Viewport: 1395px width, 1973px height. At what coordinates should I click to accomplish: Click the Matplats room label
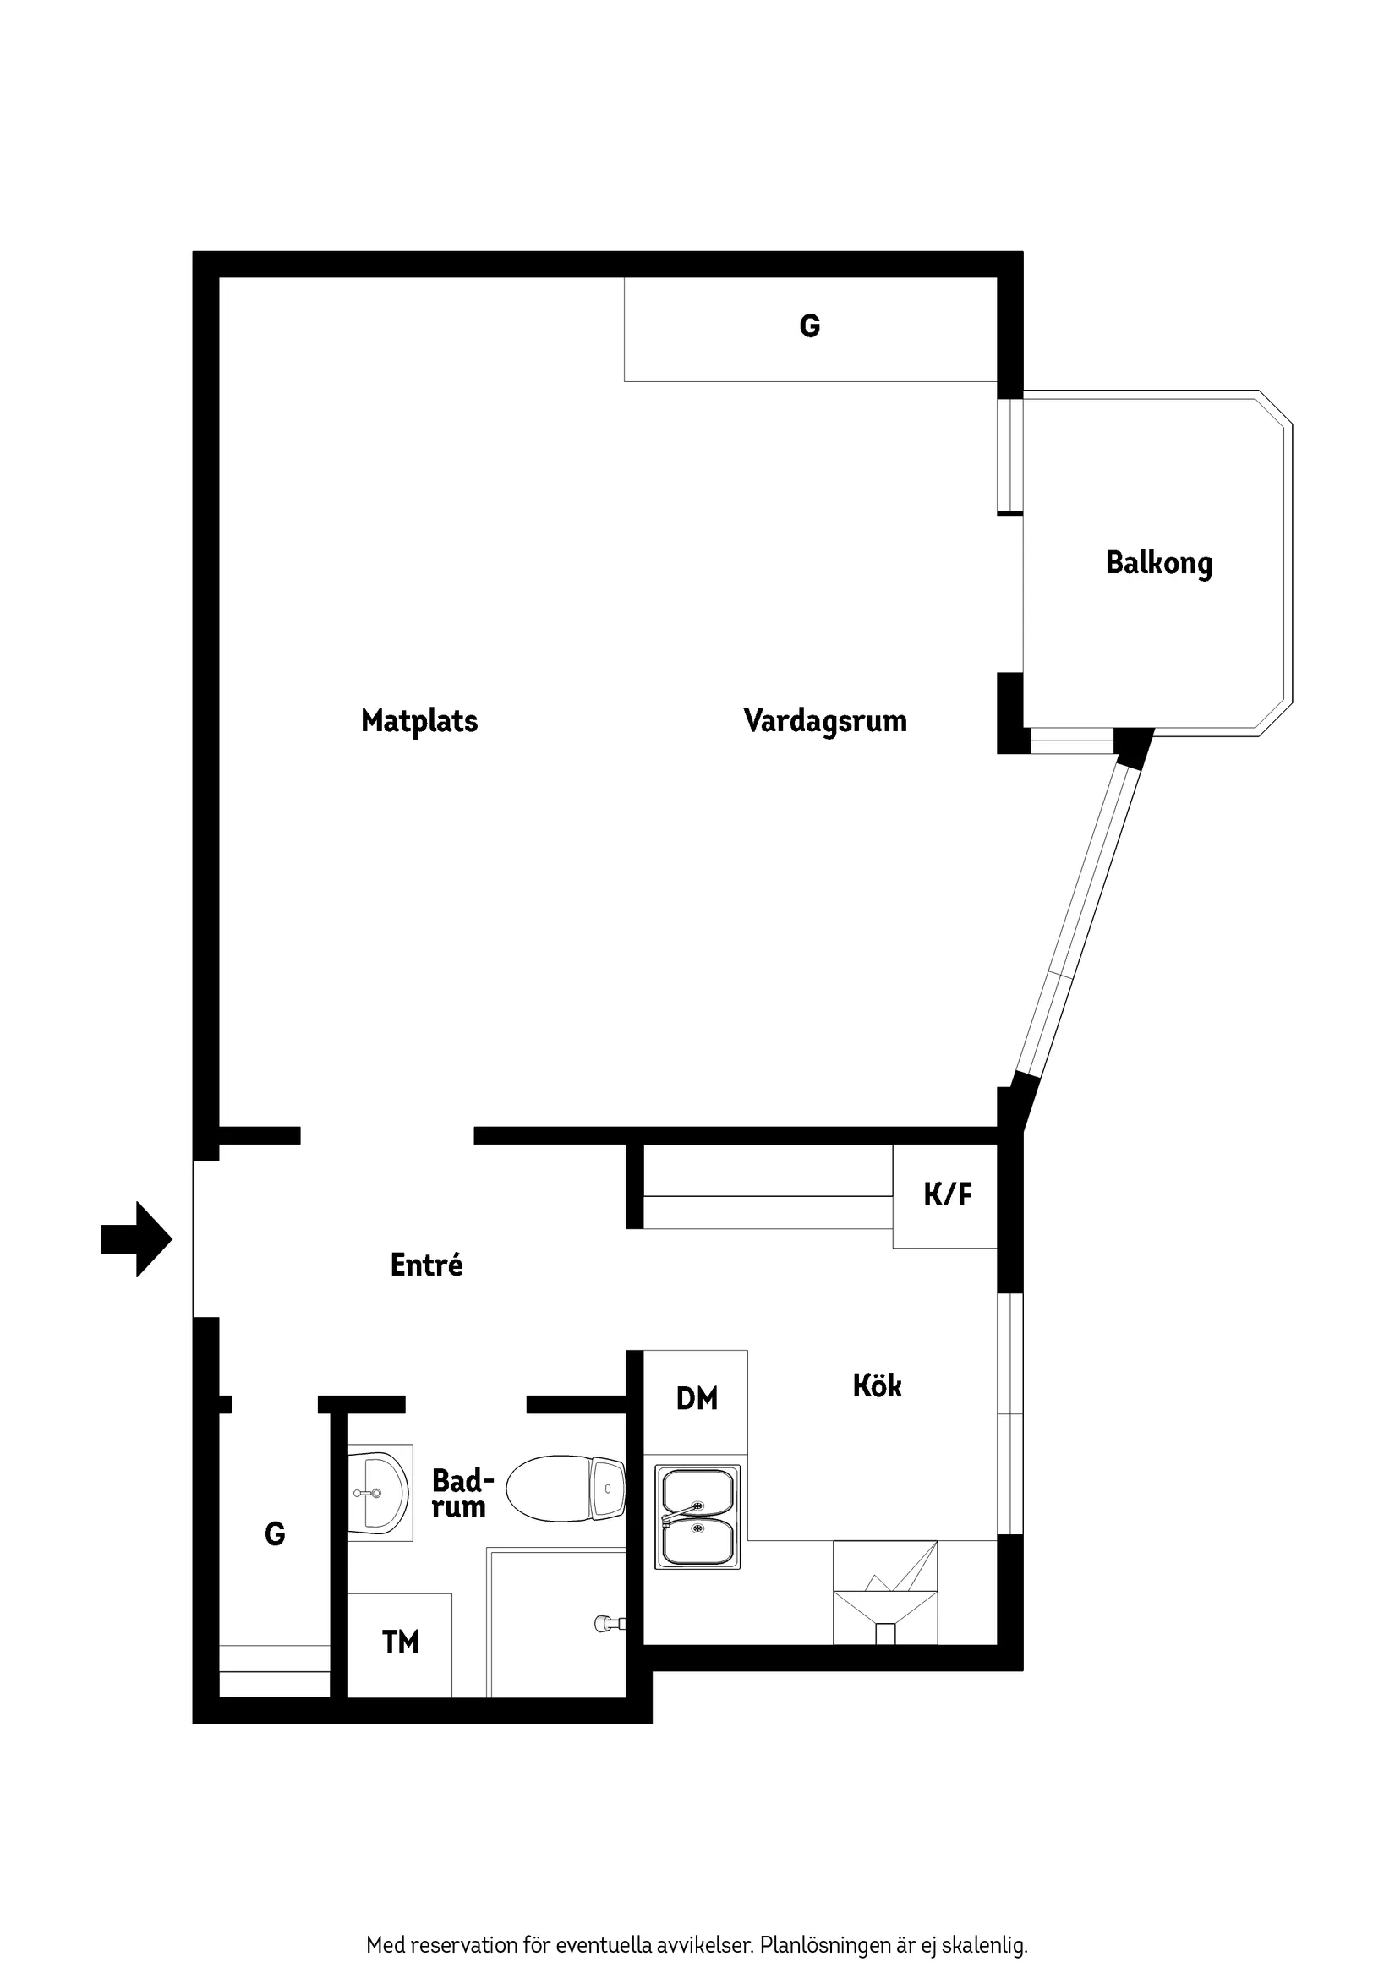point(419,721)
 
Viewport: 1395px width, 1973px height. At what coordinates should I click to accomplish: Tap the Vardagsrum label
point(825,721)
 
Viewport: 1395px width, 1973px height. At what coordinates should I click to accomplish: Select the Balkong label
point(1158,564)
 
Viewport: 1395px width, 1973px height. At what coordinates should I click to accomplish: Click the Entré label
point(426,1265)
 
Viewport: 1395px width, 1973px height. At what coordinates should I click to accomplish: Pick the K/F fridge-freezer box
point(945,1195)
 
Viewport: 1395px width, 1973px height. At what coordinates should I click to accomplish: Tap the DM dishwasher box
point(696,1398)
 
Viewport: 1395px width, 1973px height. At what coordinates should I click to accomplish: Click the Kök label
point(877,1386)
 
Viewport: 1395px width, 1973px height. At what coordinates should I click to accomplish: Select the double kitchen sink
point(697,1517)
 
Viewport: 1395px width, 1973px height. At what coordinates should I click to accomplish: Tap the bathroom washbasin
point(378,1492)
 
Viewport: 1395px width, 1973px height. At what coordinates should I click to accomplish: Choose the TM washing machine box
point(401,1642)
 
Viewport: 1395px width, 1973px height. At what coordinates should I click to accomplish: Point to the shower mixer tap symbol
point(610,1623)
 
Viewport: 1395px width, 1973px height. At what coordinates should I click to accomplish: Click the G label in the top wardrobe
point(810,326)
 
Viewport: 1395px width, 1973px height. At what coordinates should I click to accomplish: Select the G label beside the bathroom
point(275,1534)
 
